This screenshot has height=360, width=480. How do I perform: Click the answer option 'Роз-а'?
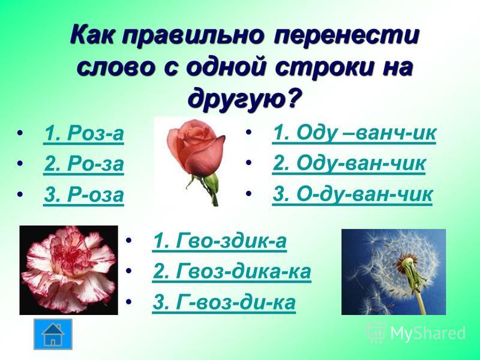(x=83, y=133)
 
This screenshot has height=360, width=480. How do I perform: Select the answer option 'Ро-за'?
(x=83, y=164)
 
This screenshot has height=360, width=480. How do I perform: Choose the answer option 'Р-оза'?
(x=83, y=194)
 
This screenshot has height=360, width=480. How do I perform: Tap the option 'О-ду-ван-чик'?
(x=352, y=194)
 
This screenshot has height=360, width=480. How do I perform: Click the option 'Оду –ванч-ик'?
(x=354, y=133)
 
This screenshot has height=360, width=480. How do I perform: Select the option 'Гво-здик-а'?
(x=219, y=241)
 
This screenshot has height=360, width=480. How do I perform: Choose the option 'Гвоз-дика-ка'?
(x=232, y=271)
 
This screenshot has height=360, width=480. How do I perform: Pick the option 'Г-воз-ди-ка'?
(x=224, y=302)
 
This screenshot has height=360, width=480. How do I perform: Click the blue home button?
(x=53, y=334)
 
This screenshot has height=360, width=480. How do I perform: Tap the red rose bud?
(x=196, y=148)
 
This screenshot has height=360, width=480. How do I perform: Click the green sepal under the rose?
(x=211, y=183)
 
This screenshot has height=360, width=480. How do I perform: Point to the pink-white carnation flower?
(x=68, y=270)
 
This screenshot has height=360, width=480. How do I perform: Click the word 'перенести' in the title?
(x=346, y=36)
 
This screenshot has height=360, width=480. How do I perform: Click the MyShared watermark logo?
(x=416, y=333)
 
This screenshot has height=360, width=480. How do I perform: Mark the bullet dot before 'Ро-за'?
(x=20, y=163)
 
